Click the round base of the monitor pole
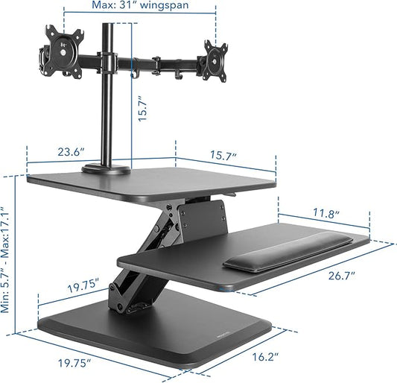pyautogui.click(x=107, y=170)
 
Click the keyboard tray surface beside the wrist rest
pyautogui.click(x=179, y=261)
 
